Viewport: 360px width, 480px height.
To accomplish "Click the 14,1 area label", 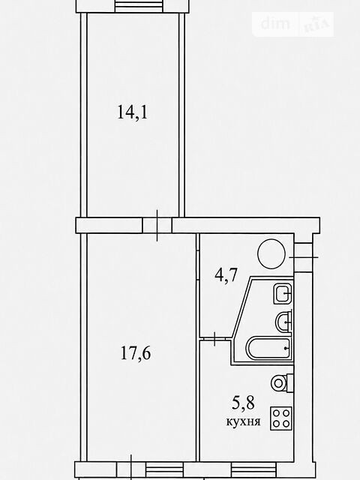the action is click(x=133, y=112).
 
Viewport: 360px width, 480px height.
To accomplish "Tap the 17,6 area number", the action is click(x=136, y=353).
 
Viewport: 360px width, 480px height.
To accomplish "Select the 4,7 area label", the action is click(x=226, y=274).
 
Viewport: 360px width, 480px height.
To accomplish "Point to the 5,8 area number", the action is click(x=243, y=403).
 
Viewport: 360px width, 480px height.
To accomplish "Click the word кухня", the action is click(x=243, y=421).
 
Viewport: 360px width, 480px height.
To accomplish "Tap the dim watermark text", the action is click(x=275, y=23).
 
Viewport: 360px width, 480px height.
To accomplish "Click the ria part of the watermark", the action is click(x=316, y=25).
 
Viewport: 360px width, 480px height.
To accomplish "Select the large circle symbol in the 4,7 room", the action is click(x=271, y=253).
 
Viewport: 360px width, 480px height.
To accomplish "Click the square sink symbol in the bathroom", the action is click(x=282, y=294).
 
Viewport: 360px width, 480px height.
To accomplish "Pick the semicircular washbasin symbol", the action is click(x=283, y=322).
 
